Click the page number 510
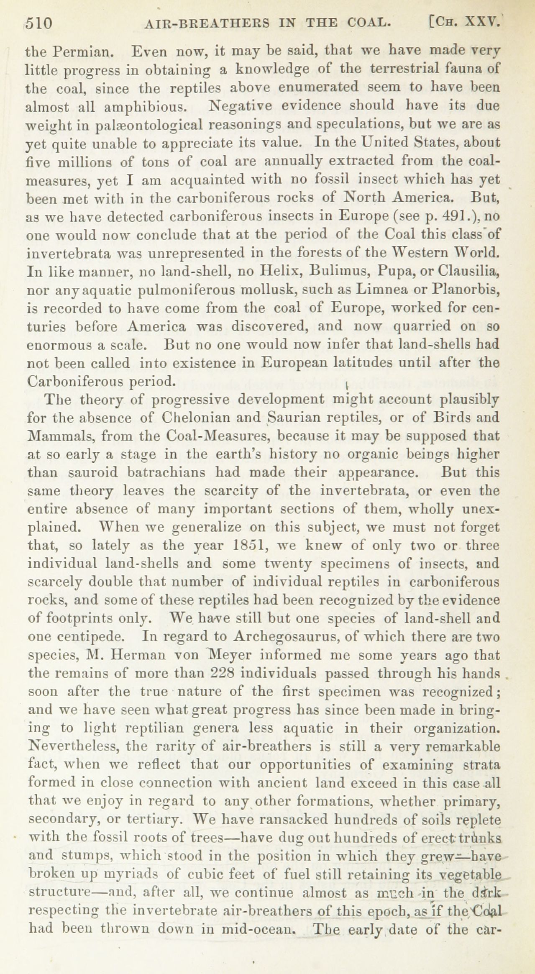(38, 23)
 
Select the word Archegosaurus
(283, 637)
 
